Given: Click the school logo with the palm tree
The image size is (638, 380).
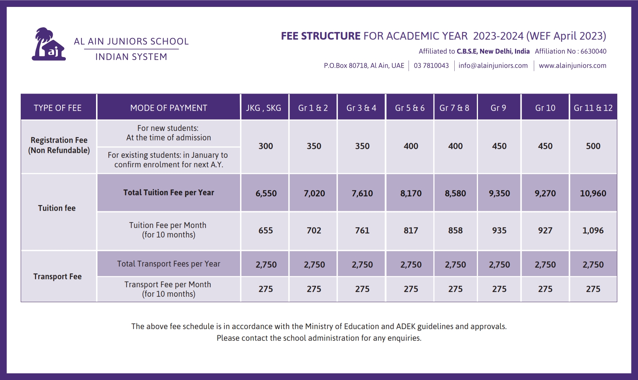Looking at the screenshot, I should (x=49, y=44).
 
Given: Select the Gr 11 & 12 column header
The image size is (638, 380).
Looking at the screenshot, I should (x=593, y=108).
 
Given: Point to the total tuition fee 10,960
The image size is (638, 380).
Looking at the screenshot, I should (x=593, y=193).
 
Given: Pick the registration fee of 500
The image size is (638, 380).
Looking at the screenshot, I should (x=593, y=146).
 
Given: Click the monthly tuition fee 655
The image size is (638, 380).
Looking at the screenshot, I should (x=266, y=231).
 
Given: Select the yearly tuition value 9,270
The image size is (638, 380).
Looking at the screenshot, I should (x=545, y=193).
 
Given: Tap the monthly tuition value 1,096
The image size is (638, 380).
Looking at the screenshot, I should (x=593, y=231).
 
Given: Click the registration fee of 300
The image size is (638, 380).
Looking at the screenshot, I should (x=266, y=146).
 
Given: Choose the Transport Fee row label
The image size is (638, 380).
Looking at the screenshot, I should (x=57, y=277).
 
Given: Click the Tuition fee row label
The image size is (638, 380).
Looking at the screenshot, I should (x=57, y=208).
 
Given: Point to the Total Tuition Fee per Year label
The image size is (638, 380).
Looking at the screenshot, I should (x=169, y=193).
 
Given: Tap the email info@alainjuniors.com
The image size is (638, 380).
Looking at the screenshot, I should (x=493, y=66).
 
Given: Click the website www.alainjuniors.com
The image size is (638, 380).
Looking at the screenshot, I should (x=573, y=66).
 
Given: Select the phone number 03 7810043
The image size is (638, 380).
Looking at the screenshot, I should (x=431, y=66).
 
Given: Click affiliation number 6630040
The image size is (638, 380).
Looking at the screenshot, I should (x=593, y=51).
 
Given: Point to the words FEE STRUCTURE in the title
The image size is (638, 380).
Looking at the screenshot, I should (x=320, y=36).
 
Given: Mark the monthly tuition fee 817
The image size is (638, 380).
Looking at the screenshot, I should (x=411, y=231).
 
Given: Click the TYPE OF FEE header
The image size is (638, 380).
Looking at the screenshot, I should (x=57, y=108).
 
